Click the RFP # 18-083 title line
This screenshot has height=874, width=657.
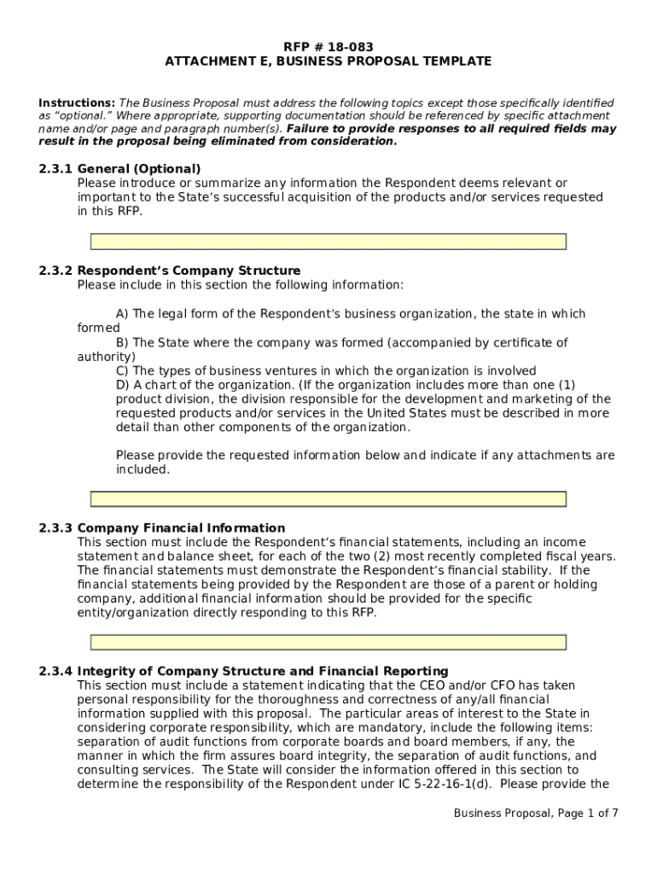(x=328, y=47)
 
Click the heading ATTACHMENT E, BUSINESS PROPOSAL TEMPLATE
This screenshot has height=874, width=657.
(x=328, y=61)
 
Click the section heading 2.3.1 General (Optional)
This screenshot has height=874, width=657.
(x=119, y=169)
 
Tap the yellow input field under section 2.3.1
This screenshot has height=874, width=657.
(x=328, y=242)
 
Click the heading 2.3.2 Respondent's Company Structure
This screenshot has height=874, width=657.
(x=169, y=271)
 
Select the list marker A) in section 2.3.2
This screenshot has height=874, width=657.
(x=122, y=314)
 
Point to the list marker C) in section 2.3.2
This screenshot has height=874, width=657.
(x=122, y=370)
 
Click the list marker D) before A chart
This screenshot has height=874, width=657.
(x=122, y=385)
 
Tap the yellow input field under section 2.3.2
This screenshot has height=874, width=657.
(x=328, y=499)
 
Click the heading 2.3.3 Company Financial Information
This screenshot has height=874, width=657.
(x=161, y=528)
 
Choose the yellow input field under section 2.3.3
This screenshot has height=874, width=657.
(x=328, y=642)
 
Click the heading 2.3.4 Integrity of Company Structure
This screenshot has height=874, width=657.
(x=243, y=672)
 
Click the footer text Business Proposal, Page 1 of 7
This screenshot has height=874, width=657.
(x=535, y=813)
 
